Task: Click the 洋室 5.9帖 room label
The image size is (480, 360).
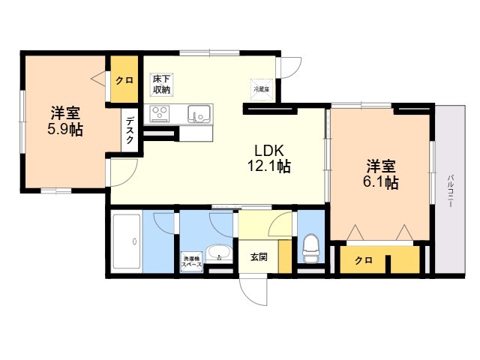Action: [x=66, y=121]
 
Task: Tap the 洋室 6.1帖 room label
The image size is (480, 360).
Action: [x=382, y=173]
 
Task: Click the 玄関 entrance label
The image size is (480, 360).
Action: [x=259, y=256]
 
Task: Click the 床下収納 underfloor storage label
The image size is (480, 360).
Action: [x=161, y=84]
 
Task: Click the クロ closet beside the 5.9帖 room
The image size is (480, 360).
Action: [x=124, y=81]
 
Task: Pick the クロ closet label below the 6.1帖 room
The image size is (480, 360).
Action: [x=363, y=261]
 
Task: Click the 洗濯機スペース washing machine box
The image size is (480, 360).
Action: [x=191, y=262]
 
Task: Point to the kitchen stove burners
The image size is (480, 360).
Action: [x=160, y=114]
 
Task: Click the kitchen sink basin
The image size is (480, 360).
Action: [x=199, y=114]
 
